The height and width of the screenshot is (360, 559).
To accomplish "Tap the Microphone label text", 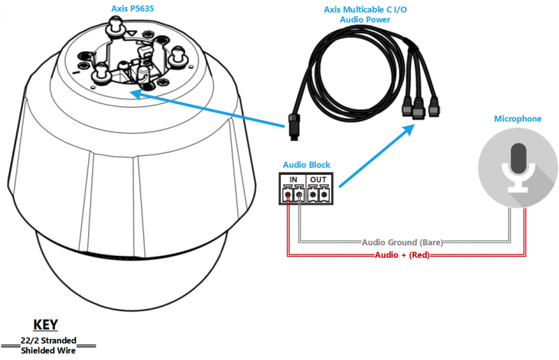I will [517, 119].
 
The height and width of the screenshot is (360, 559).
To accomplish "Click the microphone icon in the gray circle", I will [518, 167].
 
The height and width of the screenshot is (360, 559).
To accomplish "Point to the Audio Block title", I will [306, 165].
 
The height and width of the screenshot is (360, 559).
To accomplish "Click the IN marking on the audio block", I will [293, 180].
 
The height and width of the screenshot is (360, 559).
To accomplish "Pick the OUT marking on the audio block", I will [319, 180].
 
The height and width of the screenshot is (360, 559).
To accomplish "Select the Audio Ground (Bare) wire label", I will [402, 243].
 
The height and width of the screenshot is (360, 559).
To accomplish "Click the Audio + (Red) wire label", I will [402, 255].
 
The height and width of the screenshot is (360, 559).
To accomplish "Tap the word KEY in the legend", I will [46, 325].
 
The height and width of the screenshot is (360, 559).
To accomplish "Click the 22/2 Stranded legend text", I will [48, 340].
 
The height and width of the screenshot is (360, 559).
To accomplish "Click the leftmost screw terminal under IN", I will [287, 196].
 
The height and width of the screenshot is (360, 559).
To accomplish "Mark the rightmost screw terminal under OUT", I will [324, 196].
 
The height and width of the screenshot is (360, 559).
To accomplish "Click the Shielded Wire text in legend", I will [48, 350].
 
